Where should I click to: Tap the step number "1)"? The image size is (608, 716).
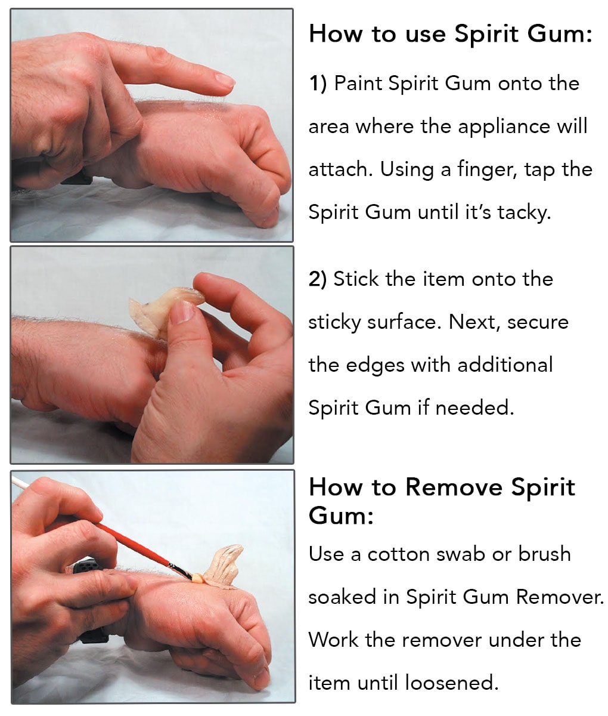318,84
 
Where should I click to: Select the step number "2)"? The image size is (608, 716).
317,279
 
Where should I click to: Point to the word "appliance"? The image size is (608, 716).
504,128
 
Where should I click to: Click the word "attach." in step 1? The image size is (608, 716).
340,169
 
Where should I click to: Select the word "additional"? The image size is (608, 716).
505,365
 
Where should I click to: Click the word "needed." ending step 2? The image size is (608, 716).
474,408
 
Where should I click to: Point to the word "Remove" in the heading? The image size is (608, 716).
454,487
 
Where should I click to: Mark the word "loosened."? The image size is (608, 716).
452,683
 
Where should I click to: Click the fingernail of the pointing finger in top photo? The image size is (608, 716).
225,81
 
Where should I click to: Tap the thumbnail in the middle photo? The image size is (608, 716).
182,311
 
